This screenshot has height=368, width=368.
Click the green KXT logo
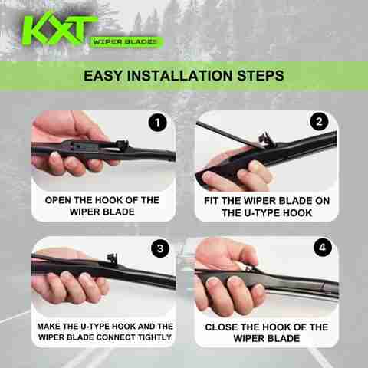point(59,30)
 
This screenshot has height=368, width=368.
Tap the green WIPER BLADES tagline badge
point(126,42)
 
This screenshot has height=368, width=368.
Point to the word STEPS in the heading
point(261,76)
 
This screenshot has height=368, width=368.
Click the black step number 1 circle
point(157,123)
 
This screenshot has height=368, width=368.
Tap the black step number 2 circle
point(319,121)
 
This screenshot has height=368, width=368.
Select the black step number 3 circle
point(160,248)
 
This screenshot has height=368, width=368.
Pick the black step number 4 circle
point(323,248)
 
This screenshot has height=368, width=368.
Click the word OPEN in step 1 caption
point(58,200)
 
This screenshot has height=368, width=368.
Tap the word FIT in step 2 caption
point(212,201)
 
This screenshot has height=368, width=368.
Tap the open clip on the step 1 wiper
point(122,145)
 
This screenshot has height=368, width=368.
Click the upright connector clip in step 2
point(266,140)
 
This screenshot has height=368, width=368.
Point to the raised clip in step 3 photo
point(113,259)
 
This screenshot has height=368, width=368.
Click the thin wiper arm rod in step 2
point(228,135)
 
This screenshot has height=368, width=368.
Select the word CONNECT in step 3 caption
point(117,337)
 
